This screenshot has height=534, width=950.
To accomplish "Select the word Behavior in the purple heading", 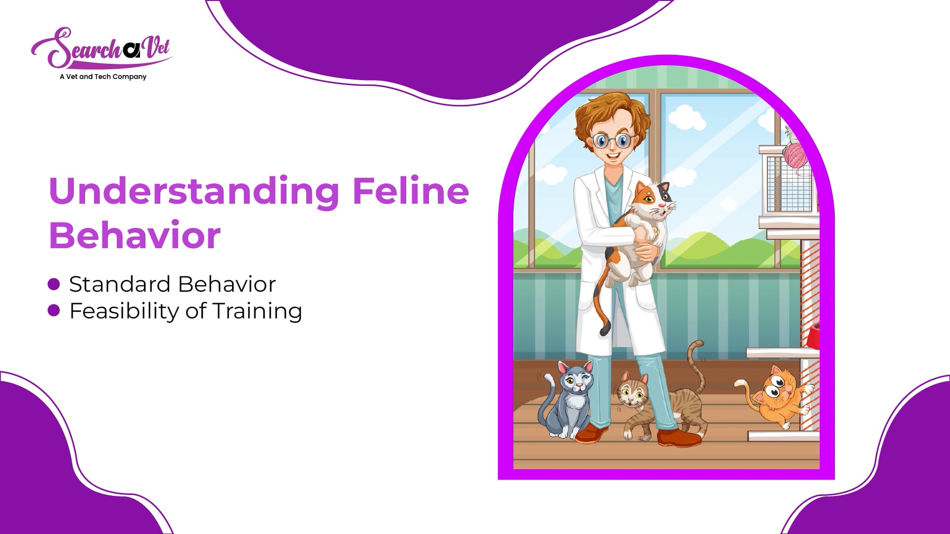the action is coord(135,235).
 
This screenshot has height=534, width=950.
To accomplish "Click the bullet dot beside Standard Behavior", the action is coord(54,284).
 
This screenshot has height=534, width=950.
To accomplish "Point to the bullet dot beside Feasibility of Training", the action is coord(54,311).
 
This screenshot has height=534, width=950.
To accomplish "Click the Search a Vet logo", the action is coord(101,48).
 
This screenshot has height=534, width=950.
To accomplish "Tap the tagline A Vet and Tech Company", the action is coord(103,77).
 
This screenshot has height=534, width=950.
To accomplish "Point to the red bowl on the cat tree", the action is coord(813,336).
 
